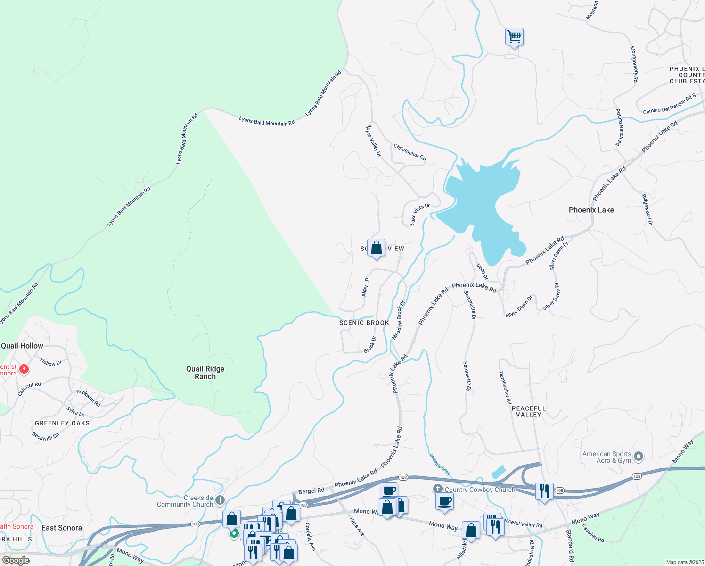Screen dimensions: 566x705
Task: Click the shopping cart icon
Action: point(514,36)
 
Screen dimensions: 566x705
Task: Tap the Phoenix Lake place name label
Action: point(591,210)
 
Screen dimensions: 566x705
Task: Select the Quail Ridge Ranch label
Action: point(205,373)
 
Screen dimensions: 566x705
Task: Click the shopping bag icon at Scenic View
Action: point(376,248)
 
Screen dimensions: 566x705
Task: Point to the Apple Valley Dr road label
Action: point(374,141)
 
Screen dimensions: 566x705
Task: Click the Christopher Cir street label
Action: point(410,152)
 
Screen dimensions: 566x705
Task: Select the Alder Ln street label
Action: point(365,287)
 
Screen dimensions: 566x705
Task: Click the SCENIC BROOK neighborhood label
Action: point(364,323)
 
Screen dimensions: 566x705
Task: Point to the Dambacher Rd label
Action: point(505,388)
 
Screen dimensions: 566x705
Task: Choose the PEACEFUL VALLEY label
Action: point(529,411)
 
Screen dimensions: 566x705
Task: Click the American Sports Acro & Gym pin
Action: point(639,456)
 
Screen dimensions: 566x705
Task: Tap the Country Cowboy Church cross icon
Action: point(438,489)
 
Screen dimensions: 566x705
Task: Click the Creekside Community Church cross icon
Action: point(220,499)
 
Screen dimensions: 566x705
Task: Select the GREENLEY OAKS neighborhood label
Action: point(62,423)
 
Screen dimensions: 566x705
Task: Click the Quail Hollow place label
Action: point(22,346)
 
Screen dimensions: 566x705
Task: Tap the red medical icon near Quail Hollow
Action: point(24,369)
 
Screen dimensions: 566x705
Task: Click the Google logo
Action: point(16,560)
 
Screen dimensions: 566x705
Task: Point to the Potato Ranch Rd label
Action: point(619,127)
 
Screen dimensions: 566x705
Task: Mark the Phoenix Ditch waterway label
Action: point(439,465)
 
